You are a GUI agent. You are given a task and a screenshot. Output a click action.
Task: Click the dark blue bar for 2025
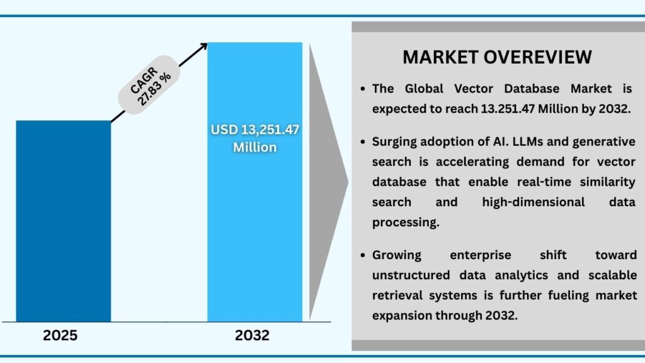coord(63,221)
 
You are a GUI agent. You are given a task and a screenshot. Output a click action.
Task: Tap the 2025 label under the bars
coord(60,335)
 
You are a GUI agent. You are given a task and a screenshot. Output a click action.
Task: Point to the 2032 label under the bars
coord(252,335)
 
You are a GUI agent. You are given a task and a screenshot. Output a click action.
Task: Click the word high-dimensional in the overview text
coord(533,202)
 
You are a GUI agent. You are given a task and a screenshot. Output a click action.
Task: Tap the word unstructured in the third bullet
coord(411,275)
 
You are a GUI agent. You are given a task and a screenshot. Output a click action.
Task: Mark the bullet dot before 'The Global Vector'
coord(363,89)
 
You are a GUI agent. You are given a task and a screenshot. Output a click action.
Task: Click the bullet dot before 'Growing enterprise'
coord(363,256)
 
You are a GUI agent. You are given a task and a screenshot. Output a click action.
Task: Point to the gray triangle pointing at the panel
coord(328,183)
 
